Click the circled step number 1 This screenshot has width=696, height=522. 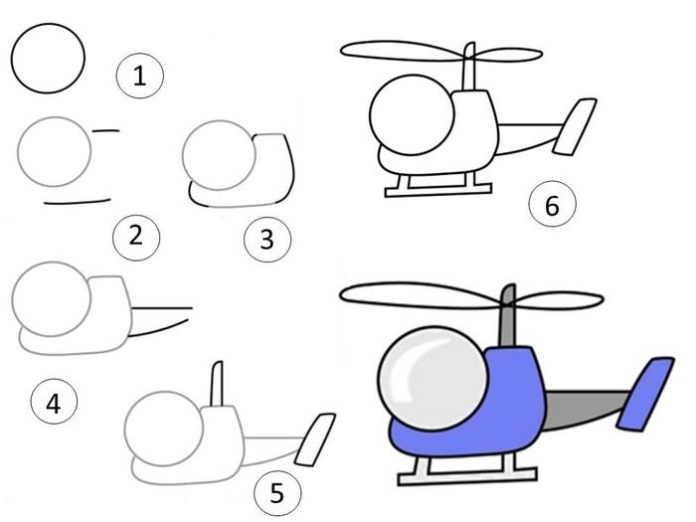point(140,76)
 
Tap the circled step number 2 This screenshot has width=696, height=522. point(136,236)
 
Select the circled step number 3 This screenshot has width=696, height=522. point(267,240)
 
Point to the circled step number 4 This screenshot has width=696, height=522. point(54,402)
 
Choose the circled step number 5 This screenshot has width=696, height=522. point(277,493)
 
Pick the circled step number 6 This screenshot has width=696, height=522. point(552,205)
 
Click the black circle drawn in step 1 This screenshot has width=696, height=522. point(48,24)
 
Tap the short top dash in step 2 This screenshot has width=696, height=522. point(105,131)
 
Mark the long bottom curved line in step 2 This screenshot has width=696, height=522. point(78,203)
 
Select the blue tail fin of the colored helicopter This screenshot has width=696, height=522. point(646,394)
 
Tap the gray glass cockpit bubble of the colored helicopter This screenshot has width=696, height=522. point(429,377)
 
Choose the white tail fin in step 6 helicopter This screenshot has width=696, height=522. point(575,127)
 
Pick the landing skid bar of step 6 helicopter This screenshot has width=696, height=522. point(438,190)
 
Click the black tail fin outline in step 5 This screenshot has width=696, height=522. point(315,439)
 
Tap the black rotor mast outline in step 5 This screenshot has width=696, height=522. point(217,384)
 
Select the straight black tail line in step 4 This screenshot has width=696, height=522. point(162,308)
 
